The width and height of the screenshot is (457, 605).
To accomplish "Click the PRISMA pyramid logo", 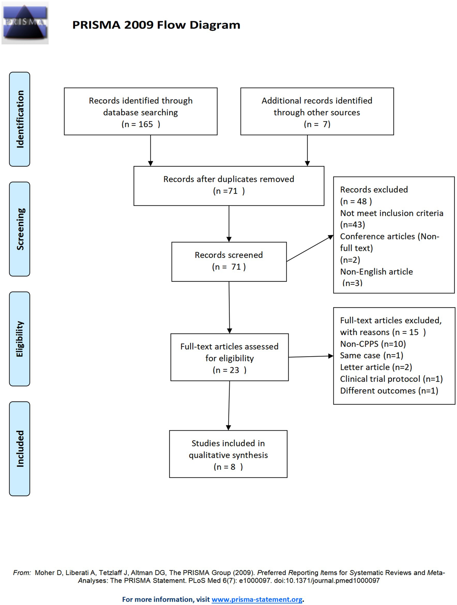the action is click(25, 23).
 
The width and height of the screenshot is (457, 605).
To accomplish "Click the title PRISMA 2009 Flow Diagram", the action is click(156, 25).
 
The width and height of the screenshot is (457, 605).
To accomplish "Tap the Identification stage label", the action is click(20, 119).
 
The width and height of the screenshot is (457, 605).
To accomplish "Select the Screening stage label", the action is click(20, 229).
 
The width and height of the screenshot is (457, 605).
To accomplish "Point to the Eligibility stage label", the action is click(20, 339).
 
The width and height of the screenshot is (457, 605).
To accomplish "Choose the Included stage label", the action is click(20, 449).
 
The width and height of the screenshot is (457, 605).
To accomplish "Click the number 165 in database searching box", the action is click(146, 124).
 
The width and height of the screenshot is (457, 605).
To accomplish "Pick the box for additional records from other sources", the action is click(317, 111).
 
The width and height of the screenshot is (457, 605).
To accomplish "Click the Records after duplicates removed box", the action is click(229, 186).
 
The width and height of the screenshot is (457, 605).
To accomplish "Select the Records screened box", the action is click(229, 262).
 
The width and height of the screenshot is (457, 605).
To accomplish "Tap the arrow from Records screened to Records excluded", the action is click(310, 248).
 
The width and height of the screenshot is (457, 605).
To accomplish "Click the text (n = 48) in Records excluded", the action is click(356, 201).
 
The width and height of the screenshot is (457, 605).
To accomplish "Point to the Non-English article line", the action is click(376, 272).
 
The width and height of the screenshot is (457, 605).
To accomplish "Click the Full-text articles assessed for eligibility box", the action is click(230, 357).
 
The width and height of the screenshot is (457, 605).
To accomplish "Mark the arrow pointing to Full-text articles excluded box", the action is click(311, 356).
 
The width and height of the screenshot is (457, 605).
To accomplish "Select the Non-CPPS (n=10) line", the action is click(373, 344).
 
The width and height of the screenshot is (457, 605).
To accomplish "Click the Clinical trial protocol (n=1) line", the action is click(391, 379).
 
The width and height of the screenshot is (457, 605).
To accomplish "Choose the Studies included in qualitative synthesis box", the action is click(228, 454).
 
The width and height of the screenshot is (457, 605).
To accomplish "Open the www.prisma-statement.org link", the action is click(257, 600).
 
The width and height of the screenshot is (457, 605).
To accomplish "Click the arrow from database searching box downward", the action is click(150, 151).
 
